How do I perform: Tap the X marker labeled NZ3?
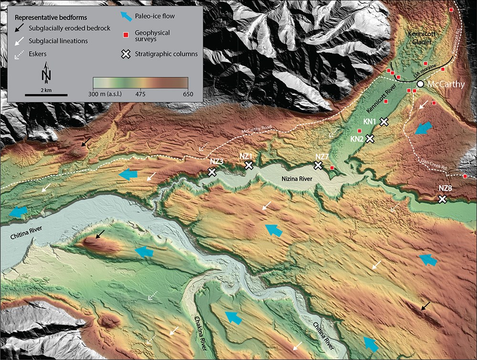pyautogui.click(x=212, y=172)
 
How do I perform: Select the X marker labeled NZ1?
pyautogui.click(x=249, y=165)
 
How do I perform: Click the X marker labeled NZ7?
pyautogui.click(x=318, y=165)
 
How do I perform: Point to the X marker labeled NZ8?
pyautogui.click(x=442, y=199)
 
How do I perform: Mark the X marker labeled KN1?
pyautogui.click(x=384, y=121)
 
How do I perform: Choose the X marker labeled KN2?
pyautogui.click(x=370, y=138)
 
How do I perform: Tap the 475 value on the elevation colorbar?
pyautogui.click(x=141, y=94)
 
